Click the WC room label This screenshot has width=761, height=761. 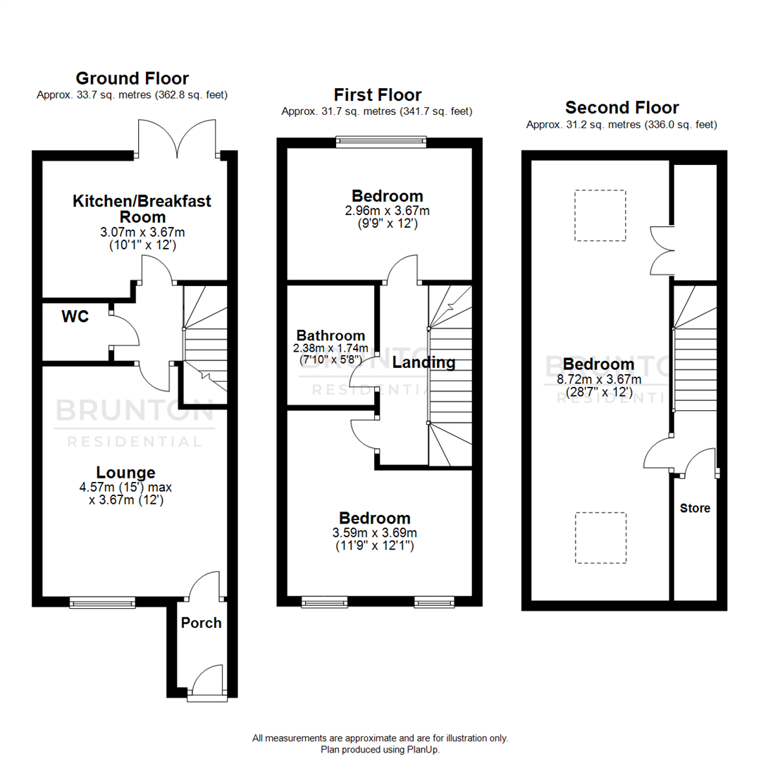pos(75,317)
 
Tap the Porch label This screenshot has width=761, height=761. pos(201,623)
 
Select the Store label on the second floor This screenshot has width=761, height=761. pos(695,508)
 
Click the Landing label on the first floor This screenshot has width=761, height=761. pos(423,363)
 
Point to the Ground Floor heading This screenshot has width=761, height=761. pos(132,78)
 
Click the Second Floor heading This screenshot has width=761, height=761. pos(621,108)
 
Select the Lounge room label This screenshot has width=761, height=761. pos(126,473)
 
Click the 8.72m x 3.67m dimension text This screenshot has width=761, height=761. pos(598,379)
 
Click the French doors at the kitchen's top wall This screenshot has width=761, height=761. pos(180,139)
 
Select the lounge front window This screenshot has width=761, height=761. pos(101,602)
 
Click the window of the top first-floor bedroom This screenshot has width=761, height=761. pos(380,142)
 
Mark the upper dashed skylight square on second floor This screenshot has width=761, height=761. pos(600,215)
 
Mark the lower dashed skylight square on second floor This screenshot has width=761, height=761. pos(600,538)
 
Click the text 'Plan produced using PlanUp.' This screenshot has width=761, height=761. pos(380,750)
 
